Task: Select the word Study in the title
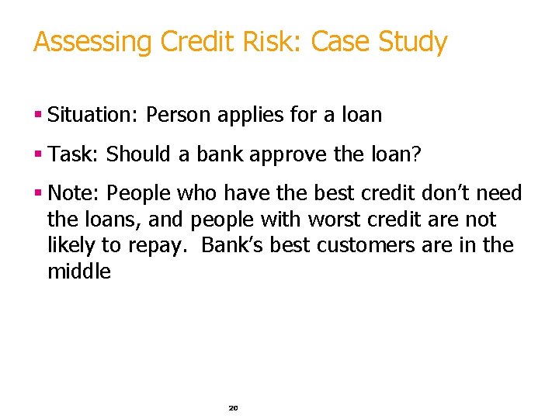(413, 42)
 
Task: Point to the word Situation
(91, 116)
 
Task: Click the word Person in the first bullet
(179, 116)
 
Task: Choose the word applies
(253, 116)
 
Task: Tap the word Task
(71, 154)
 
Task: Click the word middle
(79, 272)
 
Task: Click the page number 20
(233, 407)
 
